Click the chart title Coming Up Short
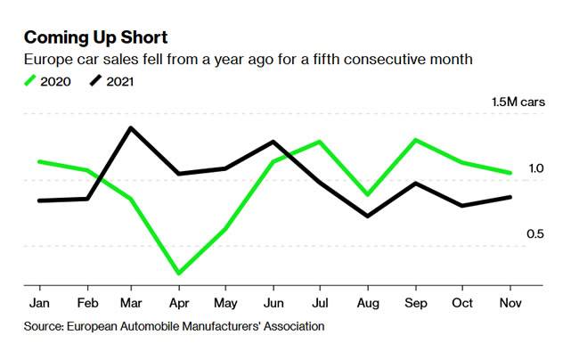point(95,37)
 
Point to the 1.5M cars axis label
point(518,102)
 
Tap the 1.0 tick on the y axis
point(535,168)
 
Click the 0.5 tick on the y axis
point(535,234)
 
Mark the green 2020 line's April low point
point(178,274)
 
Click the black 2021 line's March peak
point(131,127)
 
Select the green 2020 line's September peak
point(414,140)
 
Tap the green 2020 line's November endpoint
point(510,173)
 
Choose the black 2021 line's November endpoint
point(510,197)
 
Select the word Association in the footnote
point(291,326)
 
